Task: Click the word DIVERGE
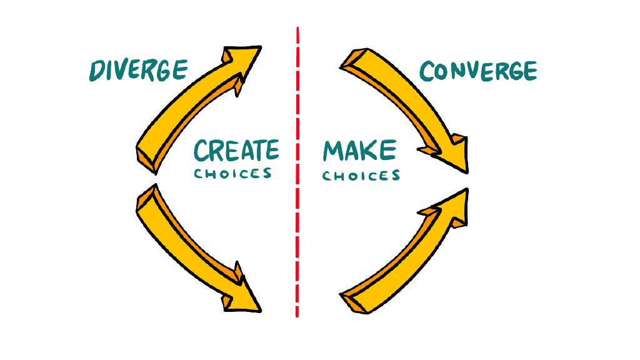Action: click(x=138, y=70)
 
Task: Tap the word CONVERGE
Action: click(x=478, y=71)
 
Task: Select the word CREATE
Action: click(x=236, y=151)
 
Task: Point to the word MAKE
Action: click(x=359, y=151)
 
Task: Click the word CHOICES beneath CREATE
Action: click(x=233, y=173)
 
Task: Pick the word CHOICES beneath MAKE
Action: click(x=361, y=175)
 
